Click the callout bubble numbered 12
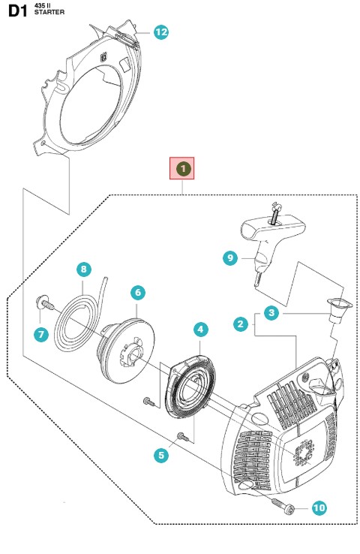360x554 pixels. tap(161, 32)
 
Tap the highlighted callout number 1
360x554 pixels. tap(183, 169)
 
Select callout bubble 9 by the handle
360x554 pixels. tap(230, 258)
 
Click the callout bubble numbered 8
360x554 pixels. tap(84, 269)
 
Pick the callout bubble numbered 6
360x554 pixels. tap(138, 293)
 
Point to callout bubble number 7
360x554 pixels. tap(41, 334)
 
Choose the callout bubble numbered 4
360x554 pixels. tap(201, 330)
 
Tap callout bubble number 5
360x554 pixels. tap(161, 455)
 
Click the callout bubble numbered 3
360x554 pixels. tap(271, 313)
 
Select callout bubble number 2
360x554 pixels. tap(241, 324)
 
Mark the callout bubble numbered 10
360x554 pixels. tap(319, 508)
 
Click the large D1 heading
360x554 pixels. tap(17, 11)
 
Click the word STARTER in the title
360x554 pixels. tap(49, 12)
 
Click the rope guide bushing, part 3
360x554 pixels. tap(339, 310)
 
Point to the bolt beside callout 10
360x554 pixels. tap(283, 504)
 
